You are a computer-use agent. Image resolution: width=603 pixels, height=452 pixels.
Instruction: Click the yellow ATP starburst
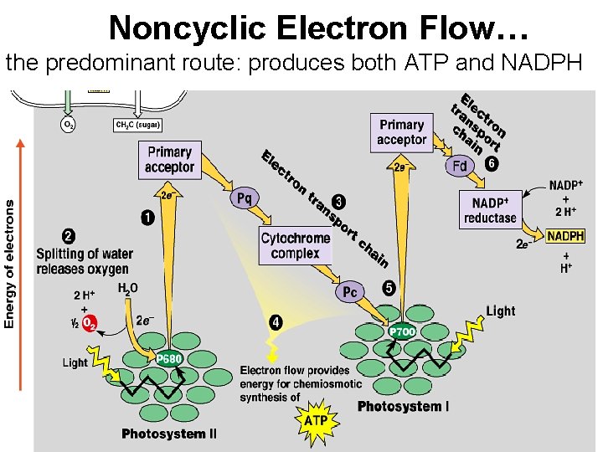pyautogui.click(x=316, y=419)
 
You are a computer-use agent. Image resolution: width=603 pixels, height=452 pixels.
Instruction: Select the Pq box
pyautogui.click(x=245, y=198)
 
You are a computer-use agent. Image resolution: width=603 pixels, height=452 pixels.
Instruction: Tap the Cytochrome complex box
pyautogui.click(x=295, y=245)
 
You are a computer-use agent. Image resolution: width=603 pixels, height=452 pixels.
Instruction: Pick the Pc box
pyautogui.click(x=350, y=292)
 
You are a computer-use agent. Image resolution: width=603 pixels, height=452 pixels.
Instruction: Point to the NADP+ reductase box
pyautogui.click(x=490, y=210)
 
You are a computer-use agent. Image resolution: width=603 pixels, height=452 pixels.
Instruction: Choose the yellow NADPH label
pyautogui.click(x=565, y=236)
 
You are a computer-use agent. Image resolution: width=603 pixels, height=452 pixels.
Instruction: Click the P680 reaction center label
pyautogui.click(x=170, y=359)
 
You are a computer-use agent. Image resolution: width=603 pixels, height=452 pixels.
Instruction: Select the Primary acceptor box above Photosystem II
pyautogui.click(x=169, y=159)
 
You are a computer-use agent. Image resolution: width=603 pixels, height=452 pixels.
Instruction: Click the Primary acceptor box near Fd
pyautogui.click(x=401, y=132)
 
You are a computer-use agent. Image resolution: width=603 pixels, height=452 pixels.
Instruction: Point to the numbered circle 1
pyautogui.click(x=147, y=218)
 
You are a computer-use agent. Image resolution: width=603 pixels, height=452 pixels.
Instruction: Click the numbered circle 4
pyautogui.click(x=276, y=321)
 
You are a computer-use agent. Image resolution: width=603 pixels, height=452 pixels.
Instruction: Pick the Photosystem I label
pyautogui.click(x=403, y=407)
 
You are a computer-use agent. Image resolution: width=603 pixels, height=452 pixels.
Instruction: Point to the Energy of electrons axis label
pyautogui.click(x=9, y=264)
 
